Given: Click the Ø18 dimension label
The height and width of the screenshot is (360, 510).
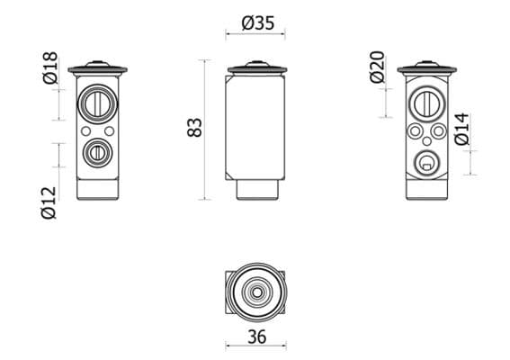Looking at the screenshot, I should tap(50, 68).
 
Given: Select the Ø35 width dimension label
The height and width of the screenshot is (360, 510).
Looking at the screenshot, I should tap(258, 23).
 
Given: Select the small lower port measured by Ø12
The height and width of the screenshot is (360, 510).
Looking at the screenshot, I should tap(96, 152).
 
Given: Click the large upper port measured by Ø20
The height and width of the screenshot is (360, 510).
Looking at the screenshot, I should tap(425, 104).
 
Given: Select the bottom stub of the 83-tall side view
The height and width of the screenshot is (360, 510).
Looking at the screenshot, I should tap(256, 190).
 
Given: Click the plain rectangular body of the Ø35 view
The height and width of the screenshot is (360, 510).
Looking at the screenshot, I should tap(256, 126).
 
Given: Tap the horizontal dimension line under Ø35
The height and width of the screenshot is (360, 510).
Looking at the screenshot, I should tap(256, 37).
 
